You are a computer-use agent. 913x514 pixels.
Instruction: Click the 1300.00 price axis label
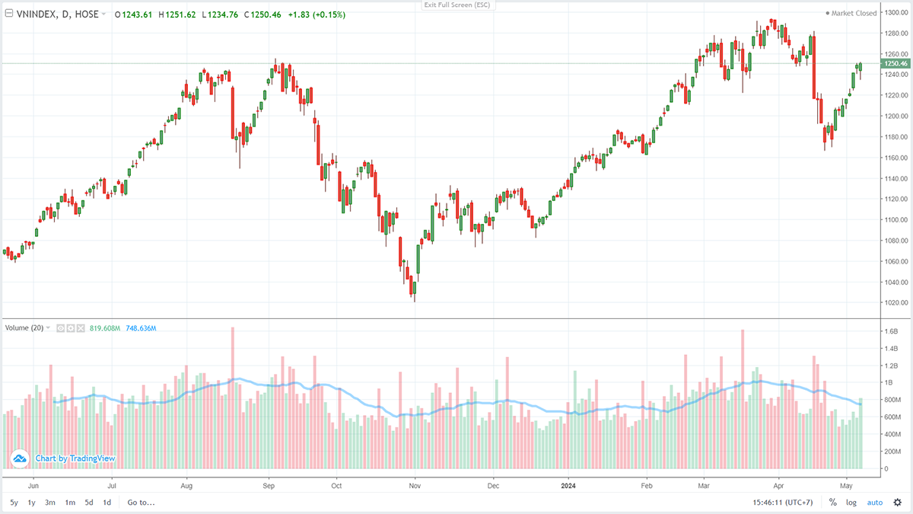coord(896,13)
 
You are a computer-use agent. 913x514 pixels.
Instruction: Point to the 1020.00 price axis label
coord(896,303)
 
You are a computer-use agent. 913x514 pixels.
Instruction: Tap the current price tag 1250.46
coord(896,63)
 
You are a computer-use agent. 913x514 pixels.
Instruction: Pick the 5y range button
coord(14,503)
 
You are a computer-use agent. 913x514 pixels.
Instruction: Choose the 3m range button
coord(50,503)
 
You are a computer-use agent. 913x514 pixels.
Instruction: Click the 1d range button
coord(107,503)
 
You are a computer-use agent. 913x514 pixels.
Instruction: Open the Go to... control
coord(141,503)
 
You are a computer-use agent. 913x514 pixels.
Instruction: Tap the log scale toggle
coord(851,503)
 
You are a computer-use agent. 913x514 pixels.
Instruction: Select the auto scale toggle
coord(875,503)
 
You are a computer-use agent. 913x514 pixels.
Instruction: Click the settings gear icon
coord(898,503)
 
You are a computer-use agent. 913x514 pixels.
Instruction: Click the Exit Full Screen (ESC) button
coord(456,5)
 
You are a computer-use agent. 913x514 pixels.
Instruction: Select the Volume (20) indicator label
coord(24,328)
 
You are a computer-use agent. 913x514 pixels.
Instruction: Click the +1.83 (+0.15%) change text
coord(317,14)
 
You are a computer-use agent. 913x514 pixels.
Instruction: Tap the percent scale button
coord(832,503)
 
